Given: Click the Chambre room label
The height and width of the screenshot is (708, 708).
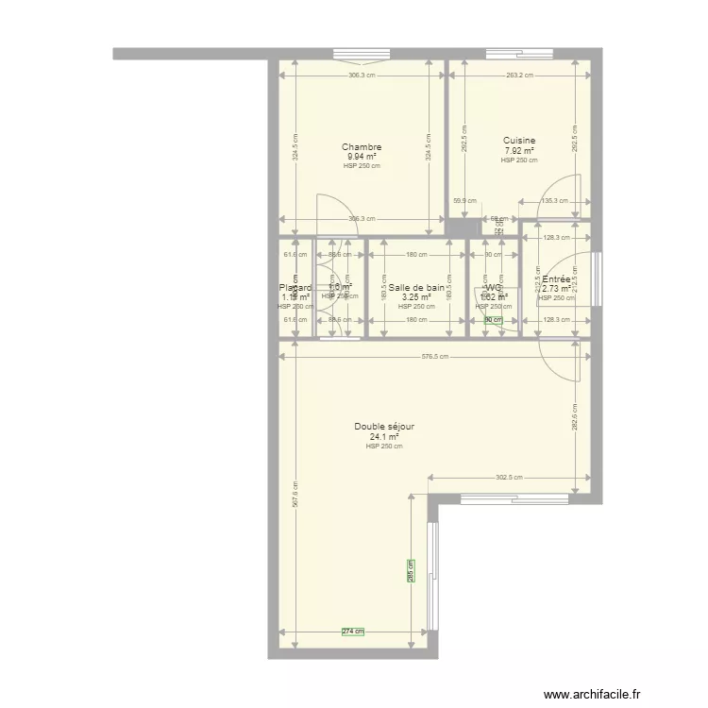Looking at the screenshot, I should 362,147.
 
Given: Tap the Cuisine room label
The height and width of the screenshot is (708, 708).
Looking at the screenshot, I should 519,141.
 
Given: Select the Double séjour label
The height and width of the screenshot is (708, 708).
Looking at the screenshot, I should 384,427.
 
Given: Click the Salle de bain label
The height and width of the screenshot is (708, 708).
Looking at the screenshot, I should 416,288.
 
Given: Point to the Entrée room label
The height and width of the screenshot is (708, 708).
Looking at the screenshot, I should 556,280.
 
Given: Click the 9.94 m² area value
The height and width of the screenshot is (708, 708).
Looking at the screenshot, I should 362,157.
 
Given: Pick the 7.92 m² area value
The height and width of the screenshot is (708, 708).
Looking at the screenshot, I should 519,151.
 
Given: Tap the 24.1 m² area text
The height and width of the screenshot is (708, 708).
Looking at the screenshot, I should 384,437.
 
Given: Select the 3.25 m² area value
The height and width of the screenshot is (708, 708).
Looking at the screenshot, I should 416,297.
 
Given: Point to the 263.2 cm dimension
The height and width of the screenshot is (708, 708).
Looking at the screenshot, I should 519,76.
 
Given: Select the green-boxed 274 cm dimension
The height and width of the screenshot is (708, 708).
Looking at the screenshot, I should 352,632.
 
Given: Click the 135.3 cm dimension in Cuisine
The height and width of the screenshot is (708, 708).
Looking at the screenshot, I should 555,200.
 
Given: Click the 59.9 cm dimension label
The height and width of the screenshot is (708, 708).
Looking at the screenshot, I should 464,200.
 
